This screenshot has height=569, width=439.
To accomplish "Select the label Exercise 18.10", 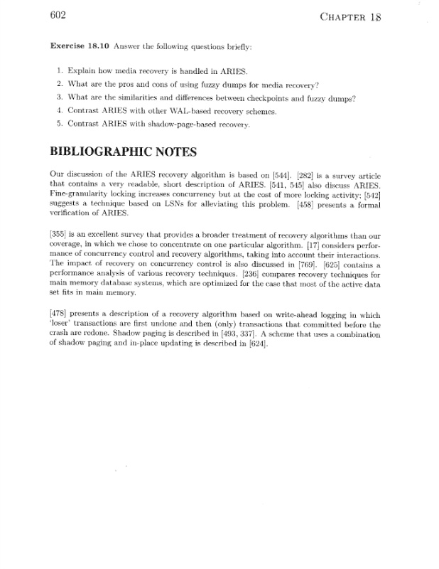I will point(78,46).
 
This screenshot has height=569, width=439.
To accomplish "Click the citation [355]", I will point(59,233).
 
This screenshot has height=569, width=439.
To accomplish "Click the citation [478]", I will point(59,313).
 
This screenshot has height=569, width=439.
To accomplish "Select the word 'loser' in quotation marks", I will point(61,324).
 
